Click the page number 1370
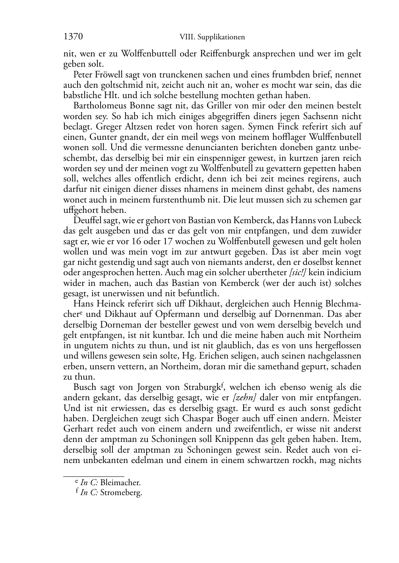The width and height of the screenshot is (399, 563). tap(73, 37)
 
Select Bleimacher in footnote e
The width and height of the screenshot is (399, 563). tap(120, 483)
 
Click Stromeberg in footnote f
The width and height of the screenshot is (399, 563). tap(121, 493)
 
